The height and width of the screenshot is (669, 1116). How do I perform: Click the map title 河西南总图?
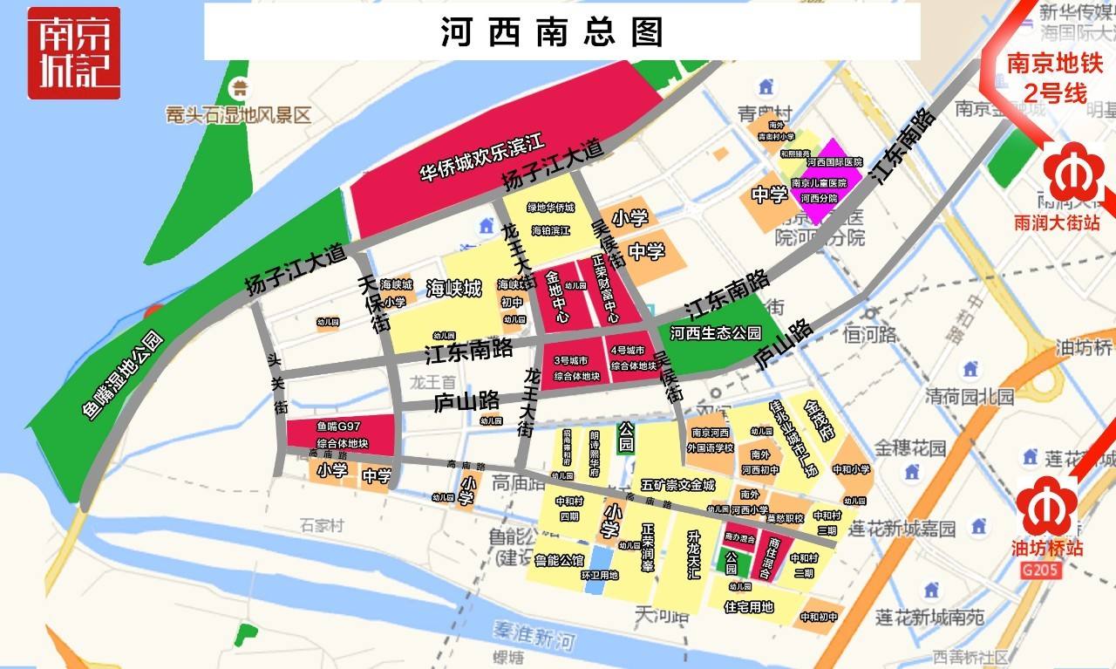click(553, 32)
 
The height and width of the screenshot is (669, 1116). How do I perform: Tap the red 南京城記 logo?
click(73, 52)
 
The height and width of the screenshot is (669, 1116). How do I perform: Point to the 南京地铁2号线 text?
click(1047, 79)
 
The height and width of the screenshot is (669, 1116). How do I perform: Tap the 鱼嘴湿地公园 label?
click(123, 376)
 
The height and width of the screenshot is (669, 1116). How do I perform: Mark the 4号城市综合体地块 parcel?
click(632, 358)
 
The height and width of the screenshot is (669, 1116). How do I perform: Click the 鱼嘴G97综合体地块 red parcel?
click(338, 434)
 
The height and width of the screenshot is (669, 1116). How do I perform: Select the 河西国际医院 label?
click(834, 162)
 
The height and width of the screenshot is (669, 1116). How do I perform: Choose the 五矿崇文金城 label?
click(677, 484)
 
